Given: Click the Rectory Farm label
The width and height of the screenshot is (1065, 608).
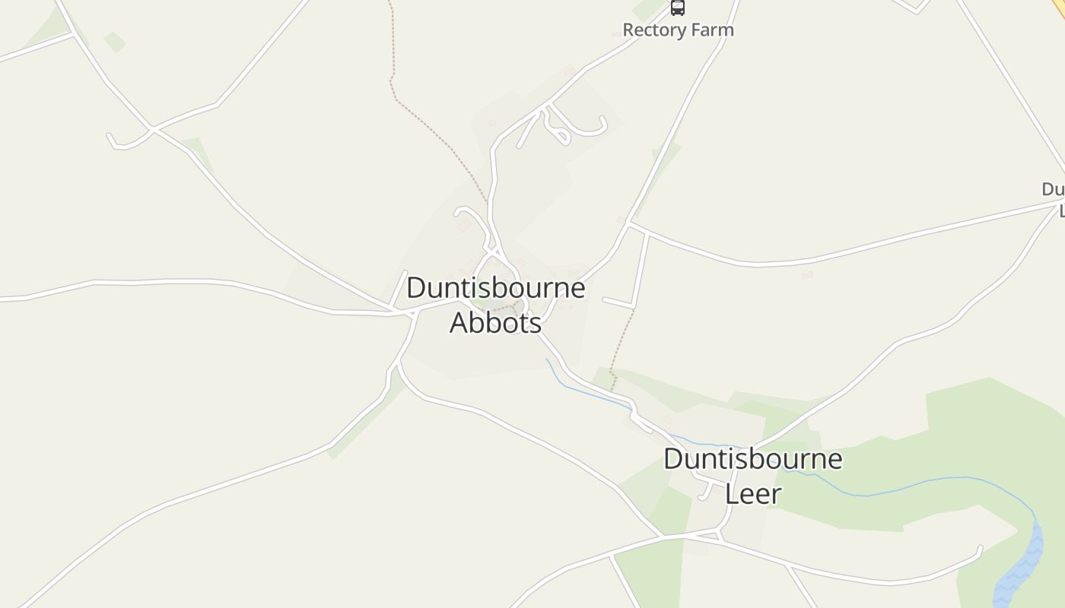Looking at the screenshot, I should pyautogui.click(x=678, y=30).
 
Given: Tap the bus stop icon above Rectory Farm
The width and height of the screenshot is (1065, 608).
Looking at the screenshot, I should pyautogui.click(x=677, y=8).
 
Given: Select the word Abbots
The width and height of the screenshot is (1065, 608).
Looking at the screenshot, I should pyautogui.click(x=495, y=322).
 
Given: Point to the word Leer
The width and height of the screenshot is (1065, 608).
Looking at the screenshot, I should pyautogui.click(x=752, y=494).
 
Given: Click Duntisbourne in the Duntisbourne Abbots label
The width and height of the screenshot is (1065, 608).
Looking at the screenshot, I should pyautogui.click(x=495, y=288).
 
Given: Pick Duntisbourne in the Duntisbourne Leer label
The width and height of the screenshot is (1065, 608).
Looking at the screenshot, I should pyautogui.click(x=752, y=459).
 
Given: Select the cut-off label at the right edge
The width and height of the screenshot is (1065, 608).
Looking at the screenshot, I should pyautogui.click(x=1054, y=198).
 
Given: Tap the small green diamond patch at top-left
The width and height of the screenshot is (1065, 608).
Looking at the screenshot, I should pyautogui.click(x=114, y=42).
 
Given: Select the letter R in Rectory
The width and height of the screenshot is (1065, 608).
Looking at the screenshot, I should pyautogui.click(x=628, y=30).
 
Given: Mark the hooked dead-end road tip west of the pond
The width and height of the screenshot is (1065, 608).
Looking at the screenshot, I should pyautogui.click(x=979, y=549).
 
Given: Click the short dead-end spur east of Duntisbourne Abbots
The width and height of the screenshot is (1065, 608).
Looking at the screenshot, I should pyautogui.click(x=618, y=302).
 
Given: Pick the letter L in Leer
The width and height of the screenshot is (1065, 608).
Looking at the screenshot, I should pyautogui.click(x=732, y=494).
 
